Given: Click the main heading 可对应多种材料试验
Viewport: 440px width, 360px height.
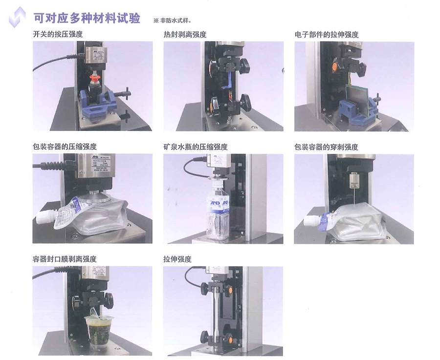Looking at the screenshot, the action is coord(87,18).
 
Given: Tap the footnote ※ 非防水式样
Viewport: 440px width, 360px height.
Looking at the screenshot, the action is coord(172,21).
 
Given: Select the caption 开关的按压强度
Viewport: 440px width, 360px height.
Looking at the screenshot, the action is coord(58,34).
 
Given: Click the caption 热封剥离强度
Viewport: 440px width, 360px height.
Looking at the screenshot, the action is coord(185,35).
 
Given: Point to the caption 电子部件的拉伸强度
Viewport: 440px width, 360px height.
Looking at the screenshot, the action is coord(327,35).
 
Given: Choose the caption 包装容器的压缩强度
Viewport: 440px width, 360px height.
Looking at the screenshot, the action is coord(65,147).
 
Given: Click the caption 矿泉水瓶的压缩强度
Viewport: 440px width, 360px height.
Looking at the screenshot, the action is coord(196,147).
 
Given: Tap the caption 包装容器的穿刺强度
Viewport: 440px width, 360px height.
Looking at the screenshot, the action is coord(327,147).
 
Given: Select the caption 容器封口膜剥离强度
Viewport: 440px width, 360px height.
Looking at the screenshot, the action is coord(65,259).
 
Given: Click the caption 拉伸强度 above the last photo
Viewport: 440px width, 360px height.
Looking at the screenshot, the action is coord(177,259).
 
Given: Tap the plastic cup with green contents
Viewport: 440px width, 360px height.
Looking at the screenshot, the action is coord(99,331).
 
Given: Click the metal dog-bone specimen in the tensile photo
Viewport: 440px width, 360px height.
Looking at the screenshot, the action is coord(216,314).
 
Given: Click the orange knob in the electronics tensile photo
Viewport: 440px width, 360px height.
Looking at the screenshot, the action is coord(334,66).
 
